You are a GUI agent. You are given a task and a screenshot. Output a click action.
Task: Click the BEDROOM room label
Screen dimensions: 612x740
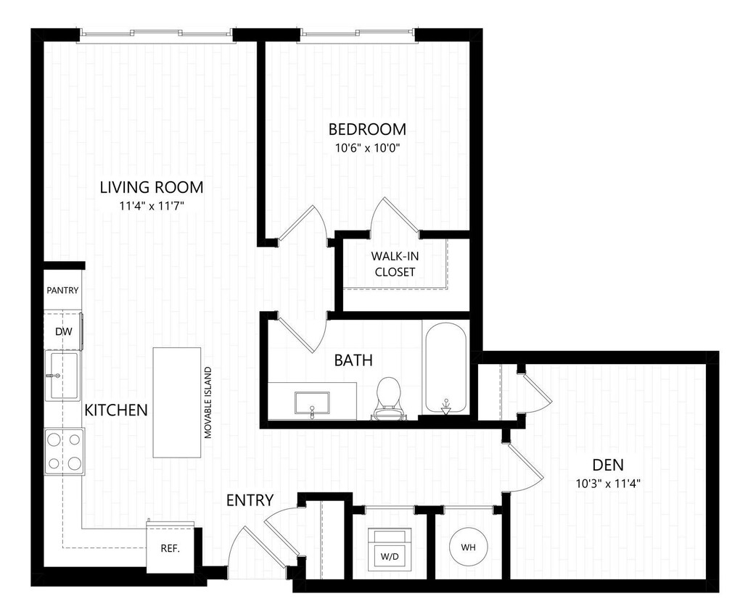(x=367, y=130)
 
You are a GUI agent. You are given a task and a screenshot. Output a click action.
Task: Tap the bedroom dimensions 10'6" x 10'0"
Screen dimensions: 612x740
(x=367, y=148)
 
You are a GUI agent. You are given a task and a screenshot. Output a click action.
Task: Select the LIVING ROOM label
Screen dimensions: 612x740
(x=152, y=187)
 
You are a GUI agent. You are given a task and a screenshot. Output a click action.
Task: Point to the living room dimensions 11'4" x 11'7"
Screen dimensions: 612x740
(x=152, y=205)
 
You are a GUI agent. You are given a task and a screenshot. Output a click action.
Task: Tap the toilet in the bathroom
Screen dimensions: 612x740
(x=389, y=397)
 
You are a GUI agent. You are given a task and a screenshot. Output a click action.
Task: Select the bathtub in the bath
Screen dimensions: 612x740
(x=446, y=369)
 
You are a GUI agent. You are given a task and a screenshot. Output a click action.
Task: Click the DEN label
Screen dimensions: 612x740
(x=608, y=465)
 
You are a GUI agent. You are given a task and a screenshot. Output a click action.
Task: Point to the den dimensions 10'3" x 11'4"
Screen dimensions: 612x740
(x=608, y=483)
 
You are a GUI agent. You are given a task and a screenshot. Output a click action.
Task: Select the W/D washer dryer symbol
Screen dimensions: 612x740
(x=389, y=547)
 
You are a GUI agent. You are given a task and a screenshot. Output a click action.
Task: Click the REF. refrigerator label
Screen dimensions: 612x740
(x=170, y=548)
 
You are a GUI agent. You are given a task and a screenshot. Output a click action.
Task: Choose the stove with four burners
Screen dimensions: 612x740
(x=65, y=451)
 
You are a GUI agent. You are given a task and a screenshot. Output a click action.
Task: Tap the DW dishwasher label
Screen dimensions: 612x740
(x=63, y=331)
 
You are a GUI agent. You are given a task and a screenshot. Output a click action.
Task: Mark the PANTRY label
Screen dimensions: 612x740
(x=62, y=290)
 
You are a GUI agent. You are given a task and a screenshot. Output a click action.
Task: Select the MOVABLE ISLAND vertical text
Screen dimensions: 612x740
(x=208, y=402)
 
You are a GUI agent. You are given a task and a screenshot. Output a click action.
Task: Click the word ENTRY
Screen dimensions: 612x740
(x=250, y=500)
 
